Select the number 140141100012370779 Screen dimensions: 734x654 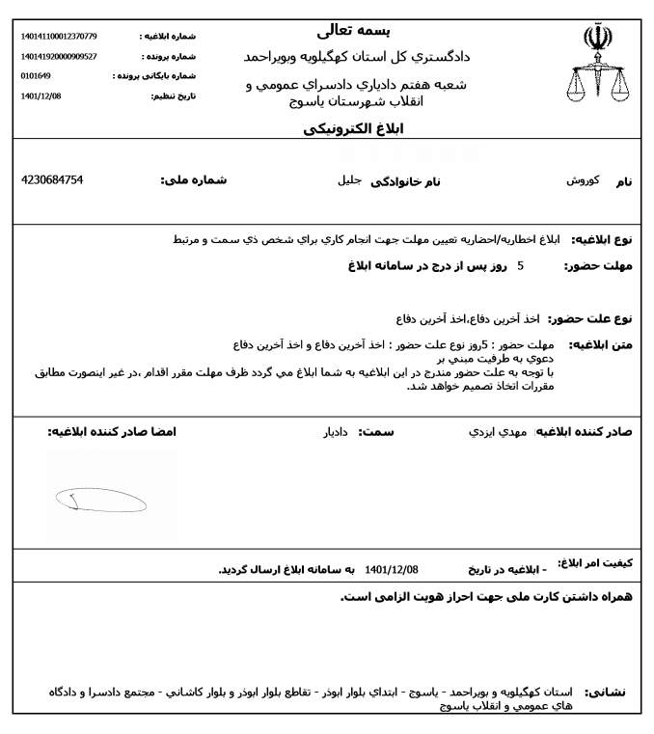pos(59,37)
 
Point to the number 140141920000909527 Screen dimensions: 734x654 pos(59,56)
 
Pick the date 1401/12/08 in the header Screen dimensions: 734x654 pos(40,95)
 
